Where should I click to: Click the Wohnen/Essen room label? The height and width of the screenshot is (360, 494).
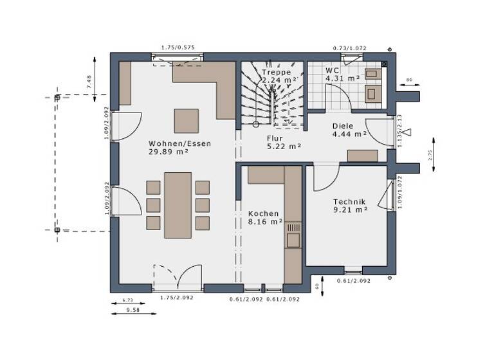pyautogui.click(x=179, y=143)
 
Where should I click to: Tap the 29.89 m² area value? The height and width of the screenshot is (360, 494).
pyautogui.click(x=168, y=152)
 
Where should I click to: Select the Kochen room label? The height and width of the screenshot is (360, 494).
pyautogui.click(x=264, y=213)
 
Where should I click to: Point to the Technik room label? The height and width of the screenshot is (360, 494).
pyautogui.click(x=349, y=201)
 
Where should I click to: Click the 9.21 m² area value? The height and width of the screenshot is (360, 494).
pyautogui.click(x=350, y=210)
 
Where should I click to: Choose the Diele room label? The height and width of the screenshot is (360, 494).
pyautogui.click(x=343, y=126)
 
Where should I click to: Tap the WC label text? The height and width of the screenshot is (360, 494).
pyautogui.click(x=332, y=70)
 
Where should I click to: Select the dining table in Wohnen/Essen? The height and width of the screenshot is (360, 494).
pyautogui.click(x=178, y=205)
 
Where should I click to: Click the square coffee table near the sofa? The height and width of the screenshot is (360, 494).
pyautogui.click(x=187, y=120)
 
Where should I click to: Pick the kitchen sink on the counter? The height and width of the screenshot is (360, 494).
pyautogui.click(x=293, y=239)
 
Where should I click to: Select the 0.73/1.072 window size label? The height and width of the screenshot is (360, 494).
pyautogui.click(x=349, y=48)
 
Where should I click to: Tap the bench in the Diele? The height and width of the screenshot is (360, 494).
pyautogui.click(x=363, y=155)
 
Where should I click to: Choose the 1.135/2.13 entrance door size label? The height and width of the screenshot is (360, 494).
pyautogui.click(x=399, y=131)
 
